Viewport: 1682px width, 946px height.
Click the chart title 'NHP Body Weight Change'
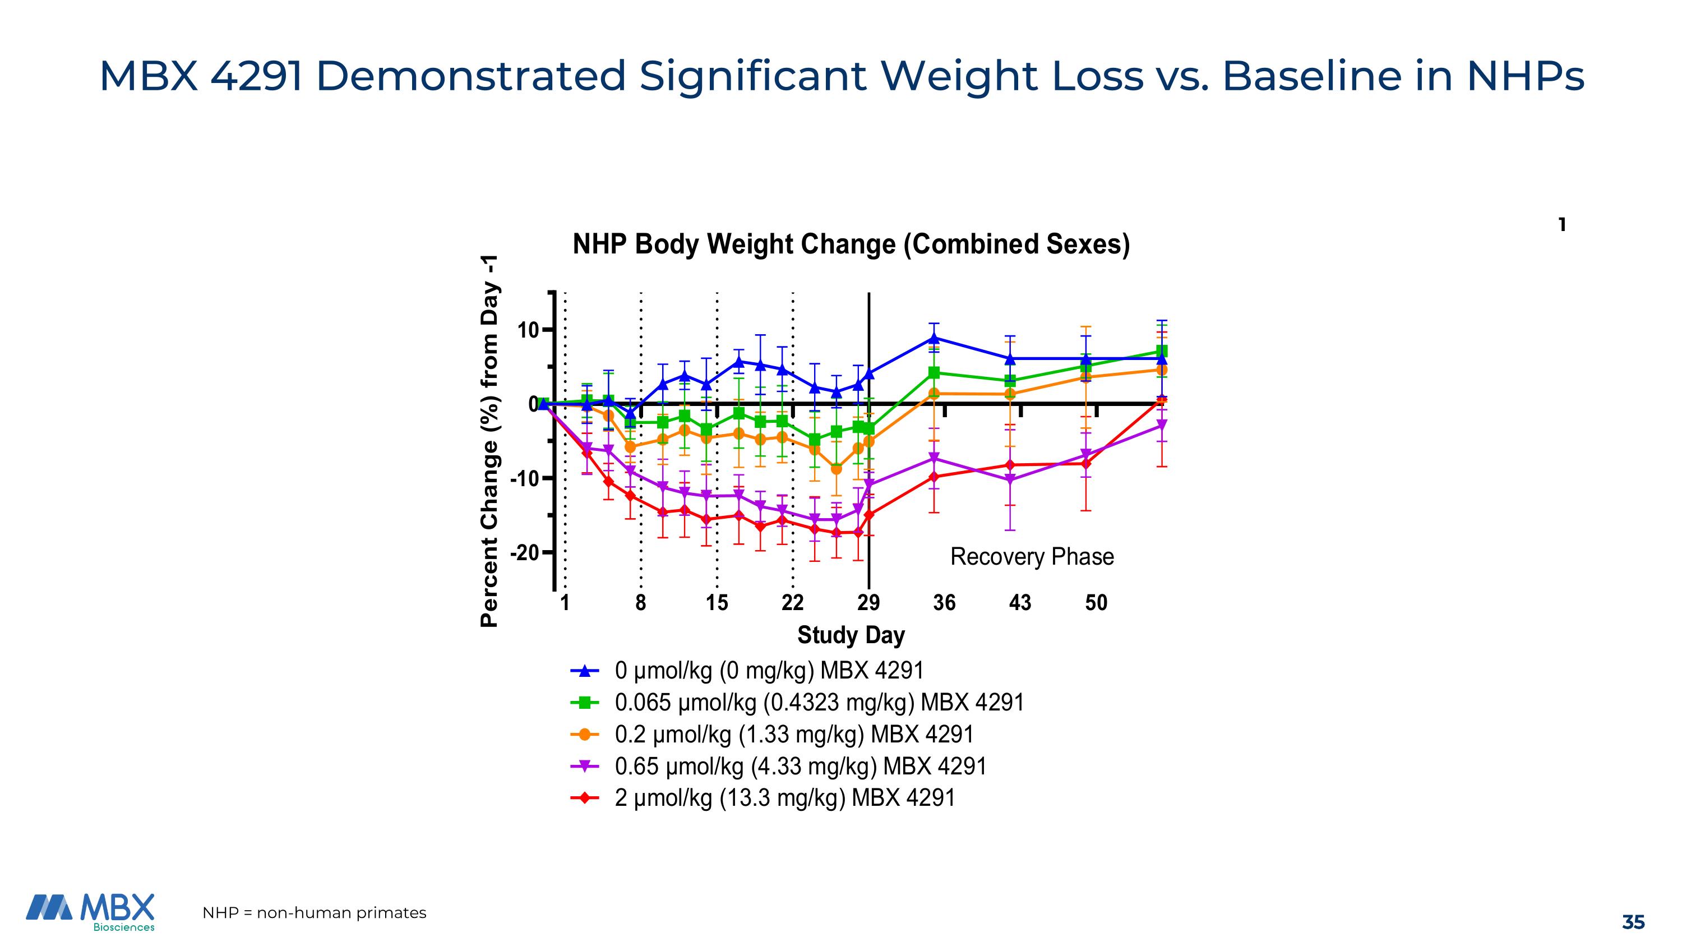[851, 244]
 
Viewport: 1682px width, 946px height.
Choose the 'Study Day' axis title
[851, 635]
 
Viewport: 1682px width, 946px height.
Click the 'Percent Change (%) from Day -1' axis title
[489, 441]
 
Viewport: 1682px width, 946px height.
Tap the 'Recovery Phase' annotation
[1032, 557]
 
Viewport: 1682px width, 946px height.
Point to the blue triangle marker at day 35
[934, 338]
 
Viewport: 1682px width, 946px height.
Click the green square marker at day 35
[934, 373]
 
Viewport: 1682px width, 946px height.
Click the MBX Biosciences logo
[91, 912]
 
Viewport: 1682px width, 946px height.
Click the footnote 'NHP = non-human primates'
[314, 913]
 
